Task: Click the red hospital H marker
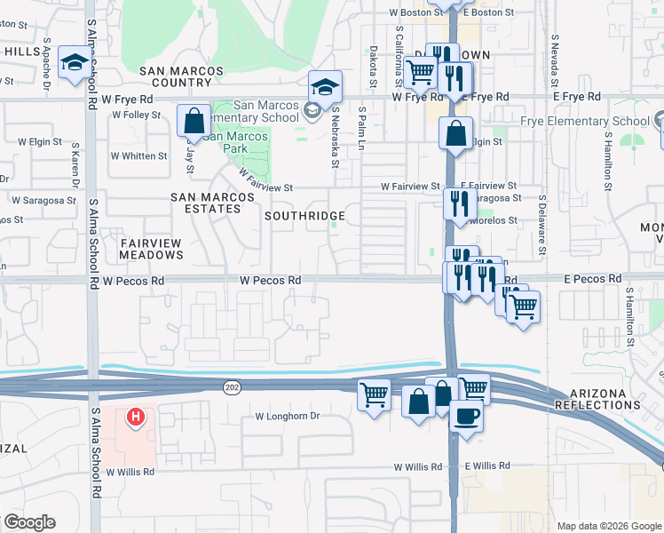136,416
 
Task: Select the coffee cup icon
466,416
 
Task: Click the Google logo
29,522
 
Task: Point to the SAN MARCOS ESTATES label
205,202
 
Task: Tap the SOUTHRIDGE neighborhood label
306,216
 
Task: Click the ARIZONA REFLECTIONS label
597,399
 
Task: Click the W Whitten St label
139,156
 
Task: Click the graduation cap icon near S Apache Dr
75,63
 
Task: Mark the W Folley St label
136,115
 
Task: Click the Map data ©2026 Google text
607,526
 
